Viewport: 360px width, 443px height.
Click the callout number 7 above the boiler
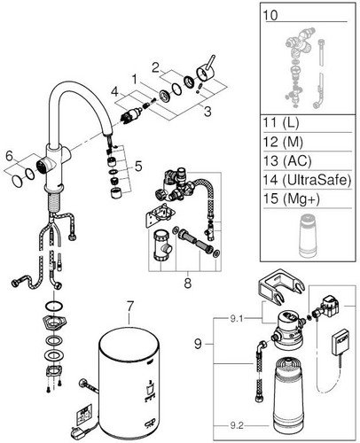coord(130,307)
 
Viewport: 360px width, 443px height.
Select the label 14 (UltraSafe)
coord(308,180)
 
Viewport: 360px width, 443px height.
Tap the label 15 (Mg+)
coord(292,198)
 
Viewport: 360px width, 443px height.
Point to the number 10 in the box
coord(270,15)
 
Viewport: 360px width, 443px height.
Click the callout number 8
coord(188,284)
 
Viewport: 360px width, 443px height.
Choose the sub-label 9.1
coord(237,319)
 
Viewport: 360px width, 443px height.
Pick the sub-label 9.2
coord(237,425)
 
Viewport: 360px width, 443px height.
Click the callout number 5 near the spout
coord(138,167)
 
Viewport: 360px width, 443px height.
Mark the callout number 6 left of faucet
coord(10,156)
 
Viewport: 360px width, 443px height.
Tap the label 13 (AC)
coord(287,160)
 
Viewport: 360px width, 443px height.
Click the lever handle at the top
coord(206,69)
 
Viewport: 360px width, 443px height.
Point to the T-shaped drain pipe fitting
coord(162,245)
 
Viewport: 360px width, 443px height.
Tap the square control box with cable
coord(340,342)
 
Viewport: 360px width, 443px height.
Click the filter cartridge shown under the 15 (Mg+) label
coord(308,236)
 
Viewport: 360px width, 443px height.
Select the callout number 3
coord(207,112)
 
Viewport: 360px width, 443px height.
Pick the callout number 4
coord(114,92)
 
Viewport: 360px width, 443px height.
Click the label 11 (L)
coord(281,122)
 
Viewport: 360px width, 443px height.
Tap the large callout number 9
coord(198,344)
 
